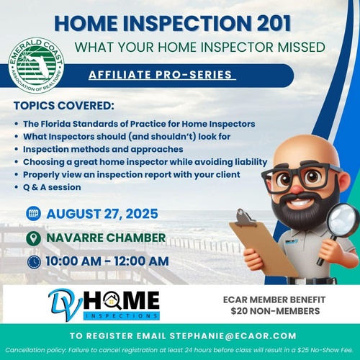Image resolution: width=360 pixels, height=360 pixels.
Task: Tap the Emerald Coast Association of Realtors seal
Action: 36,66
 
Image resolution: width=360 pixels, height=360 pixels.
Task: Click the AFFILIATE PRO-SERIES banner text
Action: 161,75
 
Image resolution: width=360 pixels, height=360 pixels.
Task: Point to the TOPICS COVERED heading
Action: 64,106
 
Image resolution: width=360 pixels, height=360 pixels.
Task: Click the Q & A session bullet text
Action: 52,187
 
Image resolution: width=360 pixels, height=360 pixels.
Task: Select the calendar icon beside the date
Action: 33,213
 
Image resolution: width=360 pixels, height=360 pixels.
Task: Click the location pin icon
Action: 33,238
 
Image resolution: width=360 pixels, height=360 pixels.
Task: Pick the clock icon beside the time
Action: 34,262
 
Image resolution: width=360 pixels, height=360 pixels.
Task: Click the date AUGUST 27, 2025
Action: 102,214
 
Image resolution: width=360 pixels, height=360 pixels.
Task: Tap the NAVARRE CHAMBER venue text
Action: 106,238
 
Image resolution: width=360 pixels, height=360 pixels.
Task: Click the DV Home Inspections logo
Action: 104,305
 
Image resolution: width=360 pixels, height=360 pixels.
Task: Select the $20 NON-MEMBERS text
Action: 275,311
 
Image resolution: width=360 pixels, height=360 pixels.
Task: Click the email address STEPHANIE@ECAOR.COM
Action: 233,336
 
